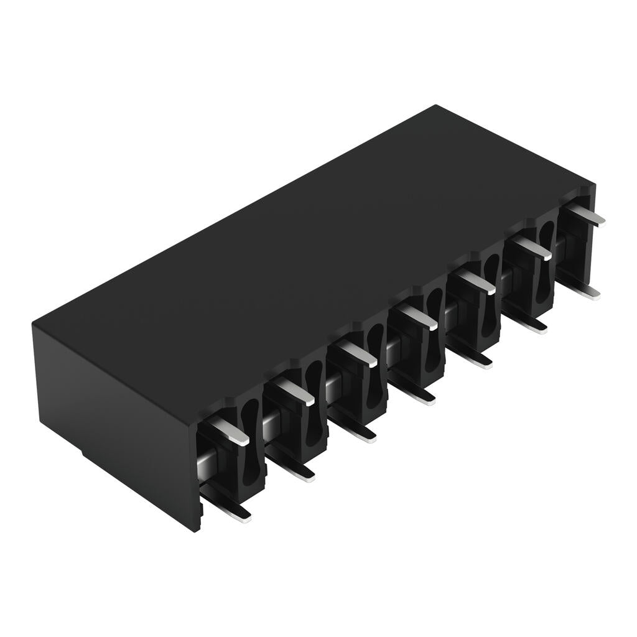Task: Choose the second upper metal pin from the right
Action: (532, 247)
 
